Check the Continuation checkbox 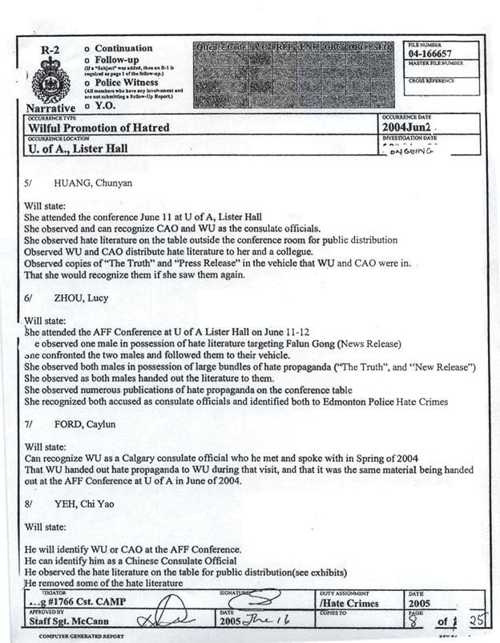coord(87,49)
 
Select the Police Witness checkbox coord(87,83)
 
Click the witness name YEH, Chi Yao coord(87,505)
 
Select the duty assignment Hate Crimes coord(349,602)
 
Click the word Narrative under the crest coord(50,108)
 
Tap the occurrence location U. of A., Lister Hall coord(79,148)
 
